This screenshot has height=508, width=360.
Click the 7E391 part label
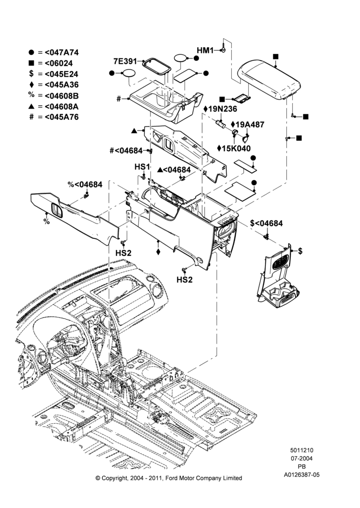pyautogui.click(x=125, y=61)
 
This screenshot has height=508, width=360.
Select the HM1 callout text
pyautogui.click(x=205, y=50)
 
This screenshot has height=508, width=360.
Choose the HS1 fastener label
pyautogui.click(x=142, y=167)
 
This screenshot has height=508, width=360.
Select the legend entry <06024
pyautogui.click(x=58, y=63)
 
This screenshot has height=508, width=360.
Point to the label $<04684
pyautogui.click(x=266, y=223)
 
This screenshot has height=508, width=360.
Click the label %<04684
pyautogui.click(x=85, y=184)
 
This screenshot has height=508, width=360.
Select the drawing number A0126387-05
pyautogui.click(x=302, y=474)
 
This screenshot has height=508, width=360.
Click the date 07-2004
pyautogui.click(x=302, y=458)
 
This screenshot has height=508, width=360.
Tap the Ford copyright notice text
pyautogui.click(x=169, y=478)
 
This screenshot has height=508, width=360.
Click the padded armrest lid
pyautogui.click(x=270, y=80)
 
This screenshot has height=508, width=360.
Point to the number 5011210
pyautogui.click(x=302, y=450)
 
